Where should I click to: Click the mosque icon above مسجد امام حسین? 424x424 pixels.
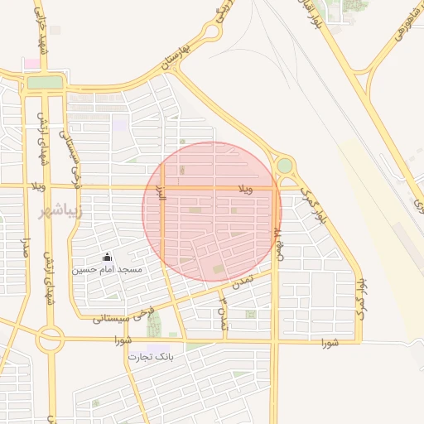(106, 258)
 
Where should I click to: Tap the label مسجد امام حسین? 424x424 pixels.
(107, 270)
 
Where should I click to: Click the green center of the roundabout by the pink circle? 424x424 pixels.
(285, 166)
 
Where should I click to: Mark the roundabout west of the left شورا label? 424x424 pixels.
(51, 338)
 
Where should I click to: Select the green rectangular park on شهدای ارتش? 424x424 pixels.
(45, 83)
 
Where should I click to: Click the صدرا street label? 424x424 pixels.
(26, 248)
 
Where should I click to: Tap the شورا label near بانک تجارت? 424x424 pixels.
(123, 340)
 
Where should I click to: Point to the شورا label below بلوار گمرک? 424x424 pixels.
(330, 342)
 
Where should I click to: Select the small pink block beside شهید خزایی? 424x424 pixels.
(31, 64)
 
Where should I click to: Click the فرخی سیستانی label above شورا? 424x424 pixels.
(121, 316)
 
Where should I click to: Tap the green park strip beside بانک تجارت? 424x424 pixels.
(154, 325)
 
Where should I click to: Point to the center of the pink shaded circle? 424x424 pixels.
(212, 211)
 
